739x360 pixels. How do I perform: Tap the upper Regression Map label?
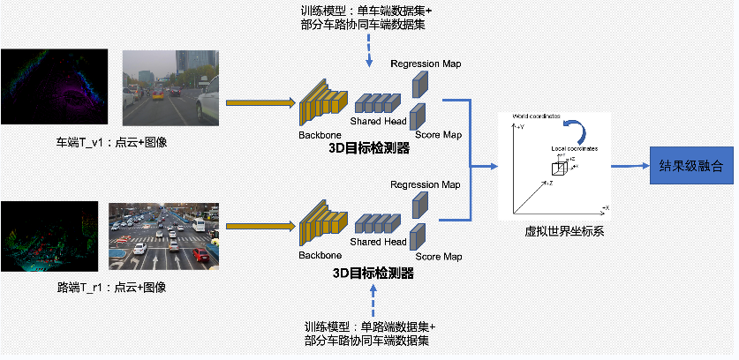426,64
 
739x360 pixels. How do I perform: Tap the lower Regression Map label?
426,184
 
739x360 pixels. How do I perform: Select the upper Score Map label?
438,135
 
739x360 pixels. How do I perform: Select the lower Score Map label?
438,257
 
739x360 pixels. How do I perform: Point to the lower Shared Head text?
379,242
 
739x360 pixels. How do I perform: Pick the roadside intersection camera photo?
163,236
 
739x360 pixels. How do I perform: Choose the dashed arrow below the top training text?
368,54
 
